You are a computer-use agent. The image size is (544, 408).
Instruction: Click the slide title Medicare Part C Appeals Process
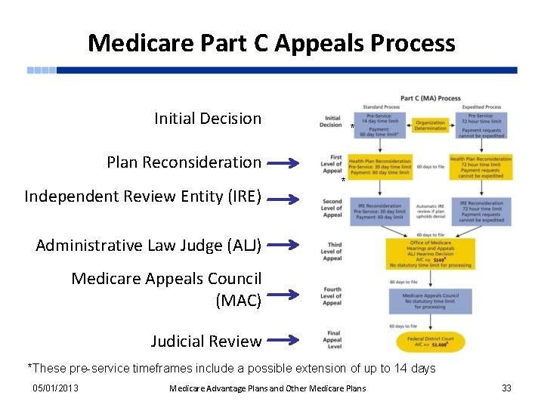coord(271,42)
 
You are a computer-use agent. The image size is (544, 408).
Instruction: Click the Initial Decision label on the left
coord(208,119)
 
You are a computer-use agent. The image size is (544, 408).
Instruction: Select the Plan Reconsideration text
coord(184,162)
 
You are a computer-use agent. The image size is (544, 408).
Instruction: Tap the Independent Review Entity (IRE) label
coord(143,197)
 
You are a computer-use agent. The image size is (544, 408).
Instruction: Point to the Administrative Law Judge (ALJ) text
coord(148,246)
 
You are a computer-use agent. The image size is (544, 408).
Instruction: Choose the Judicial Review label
coord(206,342)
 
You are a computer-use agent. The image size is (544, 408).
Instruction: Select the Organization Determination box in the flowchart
coord(431,125)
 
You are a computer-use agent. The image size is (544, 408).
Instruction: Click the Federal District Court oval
coord(429,341)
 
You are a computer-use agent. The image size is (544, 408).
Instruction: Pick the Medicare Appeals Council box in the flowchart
coord(430,301)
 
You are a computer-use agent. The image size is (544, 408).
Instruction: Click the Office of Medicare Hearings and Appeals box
coord(430,253)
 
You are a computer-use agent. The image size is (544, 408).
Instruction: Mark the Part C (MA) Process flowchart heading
coord(430,98)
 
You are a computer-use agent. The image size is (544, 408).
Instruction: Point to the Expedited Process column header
coord(481,107)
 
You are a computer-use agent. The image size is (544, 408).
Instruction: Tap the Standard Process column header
coord(381,107)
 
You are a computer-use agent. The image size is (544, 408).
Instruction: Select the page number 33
coord(506,388)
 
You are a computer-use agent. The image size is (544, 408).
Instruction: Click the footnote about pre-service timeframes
coord(231,369)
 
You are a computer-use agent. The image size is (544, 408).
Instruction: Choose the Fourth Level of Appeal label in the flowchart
coord(332,296)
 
